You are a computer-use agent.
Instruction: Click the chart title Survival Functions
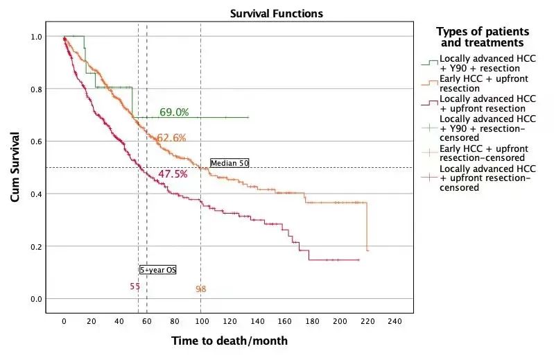click(277, 14)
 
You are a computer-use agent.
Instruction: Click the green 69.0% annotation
click(175, 112)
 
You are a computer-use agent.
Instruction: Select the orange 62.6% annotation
click(171, 138)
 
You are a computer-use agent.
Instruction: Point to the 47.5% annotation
click(173, 174)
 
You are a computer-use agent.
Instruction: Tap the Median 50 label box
click(230, 163)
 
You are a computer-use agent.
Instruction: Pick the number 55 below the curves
click(135, 286)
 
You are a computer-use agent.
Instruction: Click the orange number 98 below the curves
click(201, 289)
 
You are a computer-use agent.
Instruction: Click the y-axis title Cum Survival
click(15, 167)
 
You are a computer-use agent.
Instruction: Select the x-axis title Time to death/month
click(229, 341)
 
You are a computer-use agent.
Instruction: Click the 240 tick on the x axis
click(394, 321)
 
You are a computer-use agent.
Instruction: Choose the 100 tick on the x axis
click(201, 321)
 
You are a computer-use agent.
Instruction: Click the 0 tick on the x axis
click(64, 321)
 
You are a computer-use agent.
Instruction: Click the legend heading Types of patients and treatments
click(483, 37)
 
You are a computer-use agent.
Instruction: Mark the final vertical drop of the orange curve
click(366, 226)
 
